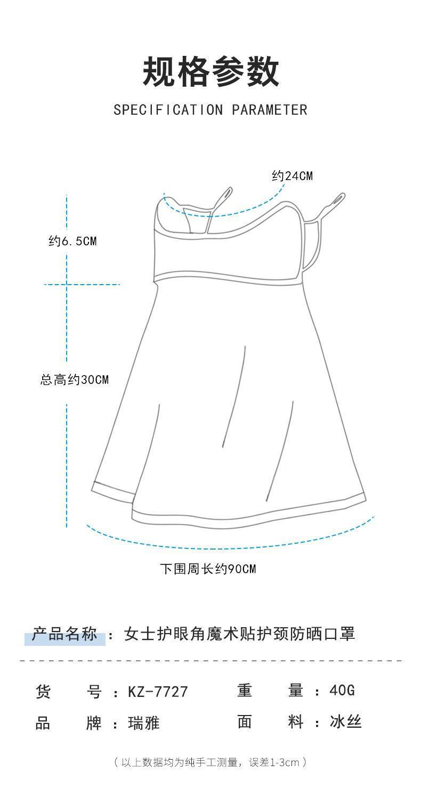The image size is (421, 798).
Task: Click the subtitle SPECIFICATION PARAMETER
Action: tap(210, 110)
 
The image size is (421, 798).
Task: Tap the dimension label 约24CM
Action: tap(292, 176)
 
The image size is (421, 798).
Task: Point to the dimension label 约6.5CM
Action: tap(73, 241)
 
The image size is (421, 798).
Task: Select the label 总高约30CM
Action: tap(75, 380)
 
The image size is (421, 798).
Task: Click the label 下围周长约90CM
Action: tap(208, 569)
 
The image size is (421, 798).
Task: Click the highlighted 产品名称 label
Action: tap(65, 635)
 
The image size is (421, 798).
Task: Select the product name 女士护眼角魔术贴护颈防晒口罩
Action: tap(239, 634)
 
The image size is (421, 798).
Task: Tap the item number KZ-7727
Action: tap(158, 692)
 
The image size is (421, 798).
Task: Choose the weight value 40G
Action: tap(342, 691)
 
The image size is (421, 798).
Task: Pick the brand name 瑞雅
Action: tap(144, 723)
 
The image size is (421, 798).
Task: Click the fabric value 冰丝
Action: tap(346, 722)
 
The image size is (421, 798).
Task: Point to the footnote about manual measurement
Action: tap(210, 762)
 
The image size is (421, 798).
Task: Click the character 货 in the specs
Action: tap(43, 692)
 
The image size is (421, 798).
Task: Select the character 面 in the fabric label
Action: tap(245, 722)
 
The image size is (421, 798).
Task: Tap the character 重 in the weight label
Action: tap(245, 691)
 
